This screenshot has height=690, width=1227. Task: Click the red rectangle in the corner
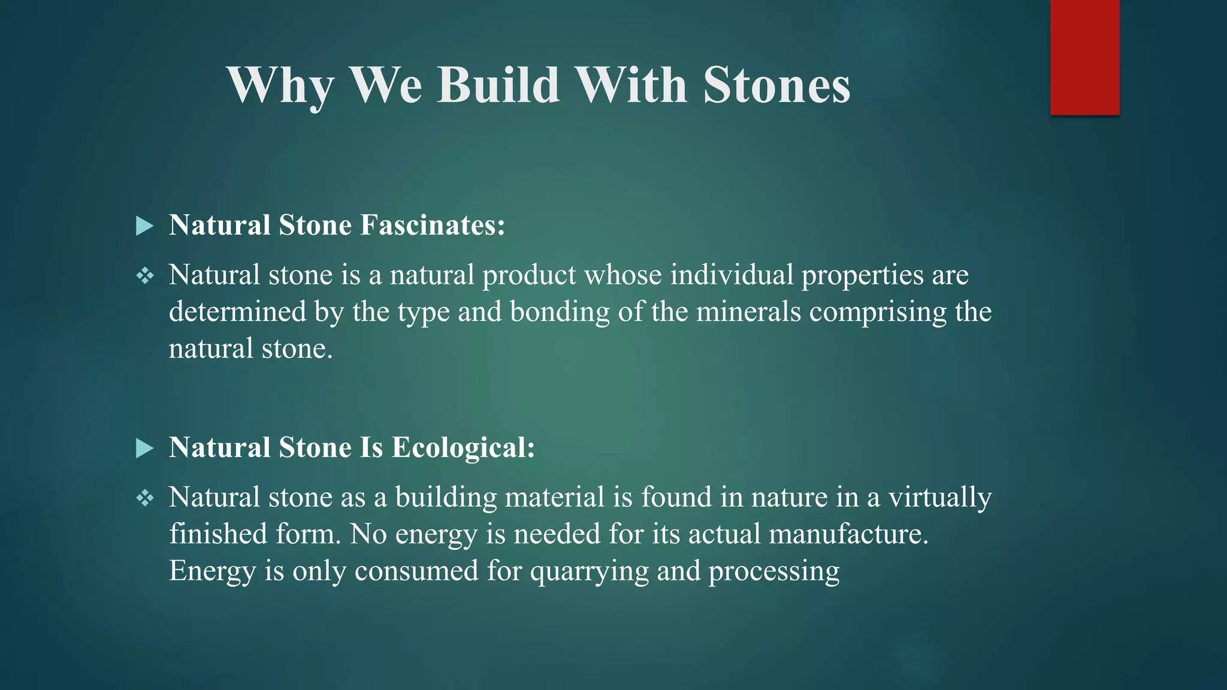(1084, 57)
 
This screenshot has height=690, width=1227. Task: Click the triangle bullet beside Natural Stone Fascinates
(144, 226)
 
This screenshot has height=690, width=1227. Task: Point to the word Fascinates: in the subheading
(433, 225)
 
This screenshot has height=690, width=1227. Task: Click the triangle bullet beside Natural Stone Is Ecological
(144, 448)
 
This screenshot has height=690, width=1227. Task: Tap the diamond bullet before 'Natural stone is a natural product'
(145, 276)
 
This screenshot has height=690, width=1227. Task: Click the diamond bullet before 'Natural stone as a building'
(145, 498)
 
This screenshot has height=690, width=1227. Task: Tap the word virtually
(939, 498)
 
